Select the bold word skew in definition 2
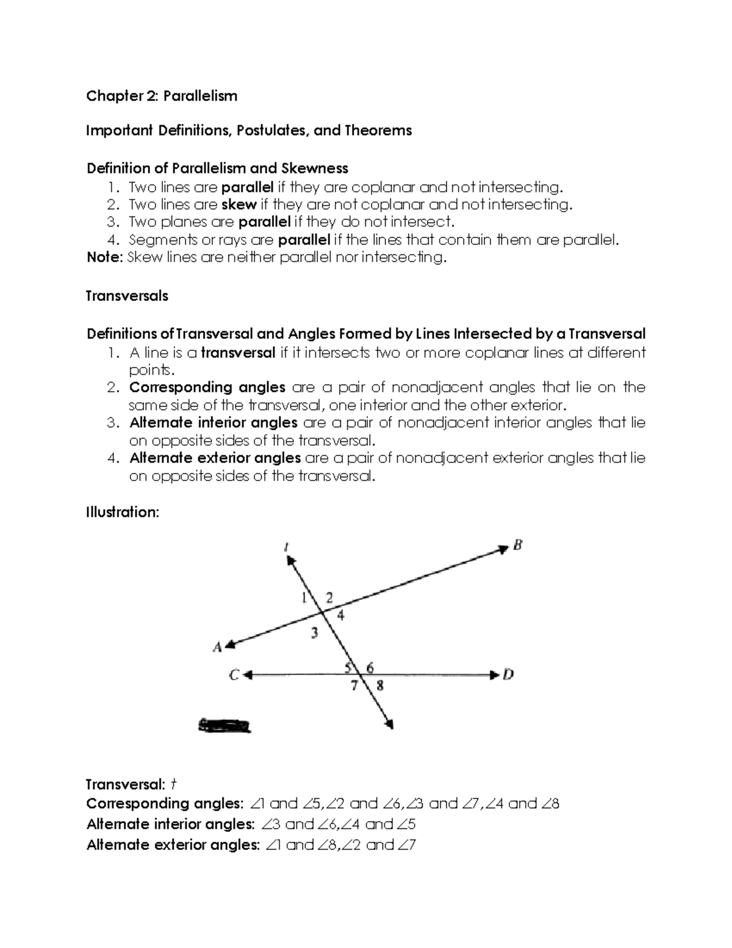coord(239,204)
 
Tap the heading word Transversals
coord(127,296)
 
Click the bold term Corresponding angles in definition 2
coord(207,388)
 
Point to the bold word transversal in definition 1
coord(238,353)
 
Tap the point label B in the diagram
coord(517,546)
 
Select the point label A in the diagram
coord(217,648)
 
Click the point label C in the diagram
coord(234,675)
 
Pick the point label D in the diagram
coord(508,675)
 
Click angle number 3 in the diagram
coord(314,633)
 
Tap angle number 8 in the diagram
coord(379,686)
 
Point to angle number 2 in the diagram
coord(329,598)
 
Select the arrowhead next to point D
coord(494,675)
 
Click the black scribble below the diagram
coord(224,725)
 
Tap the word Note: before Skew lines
coord(104,258)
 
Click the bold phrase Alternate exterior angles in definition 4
coord(215,458)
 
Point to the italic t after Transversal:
coord(173,784)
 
